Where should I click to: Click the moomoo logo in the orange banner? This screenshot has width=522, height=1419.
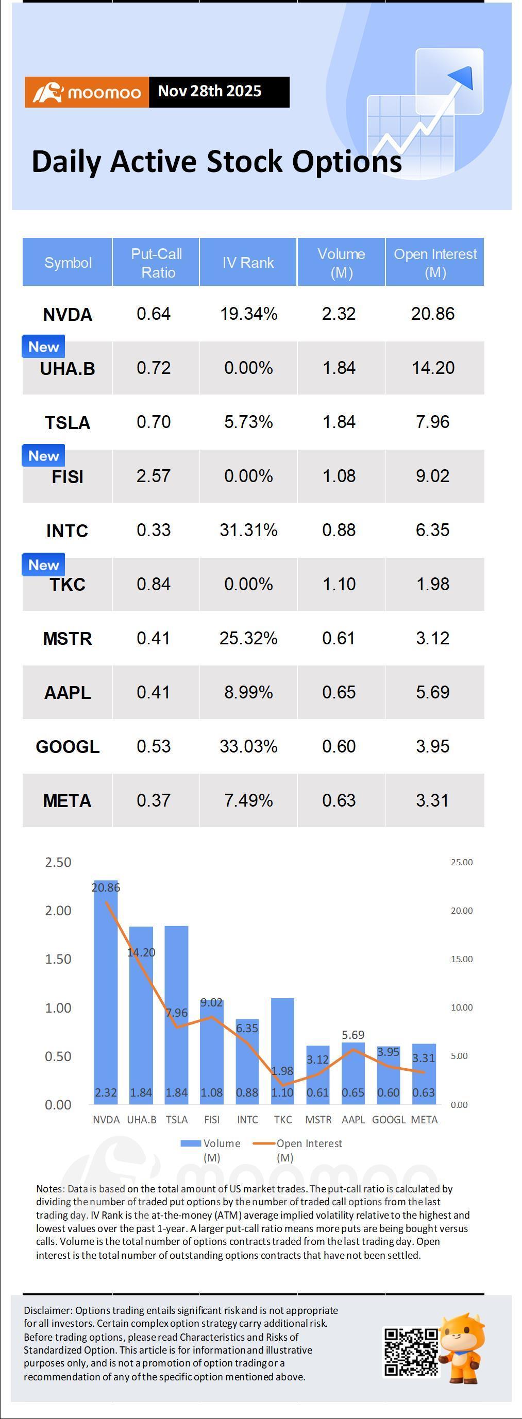coord(87,92)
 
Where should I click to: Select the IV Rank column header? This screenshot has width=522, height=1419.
coord(248,263)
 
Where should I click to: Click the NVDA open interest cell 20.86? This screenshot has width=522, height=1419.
coord(433,314)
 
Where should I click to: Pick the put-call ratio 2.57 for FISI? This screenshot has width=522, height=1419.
coord(153,476)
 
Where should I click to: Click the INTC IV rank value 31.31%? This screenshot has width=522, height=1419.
coord(248,530)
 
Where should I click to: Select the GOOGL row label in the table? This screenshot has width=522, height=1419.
coord(68,747)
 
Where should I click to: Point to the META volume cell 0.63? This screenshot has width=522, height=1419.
coord(339,800)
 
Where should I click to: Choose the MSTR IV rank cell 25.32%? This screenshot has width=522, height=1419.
coord(248,639)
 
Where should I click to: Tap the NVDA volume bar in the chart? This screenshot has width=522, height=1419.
coord(106,991)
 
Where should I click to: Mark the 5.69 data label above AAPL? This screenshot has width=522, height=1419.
coord(353,1035)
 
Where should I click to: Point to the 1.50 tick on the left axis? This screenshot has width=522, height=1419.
coord(58,959)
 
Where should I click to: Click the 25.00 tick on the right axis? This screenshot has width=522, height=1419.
coord(461,862)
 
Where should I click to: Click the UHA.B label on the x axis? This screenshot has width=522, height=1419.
coord(142,1120)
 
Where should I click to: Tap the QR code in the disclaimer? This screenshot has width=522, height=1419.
coord(411,1353)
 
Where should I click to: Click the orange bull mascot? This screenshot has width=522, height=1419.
coord(463,1347)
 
